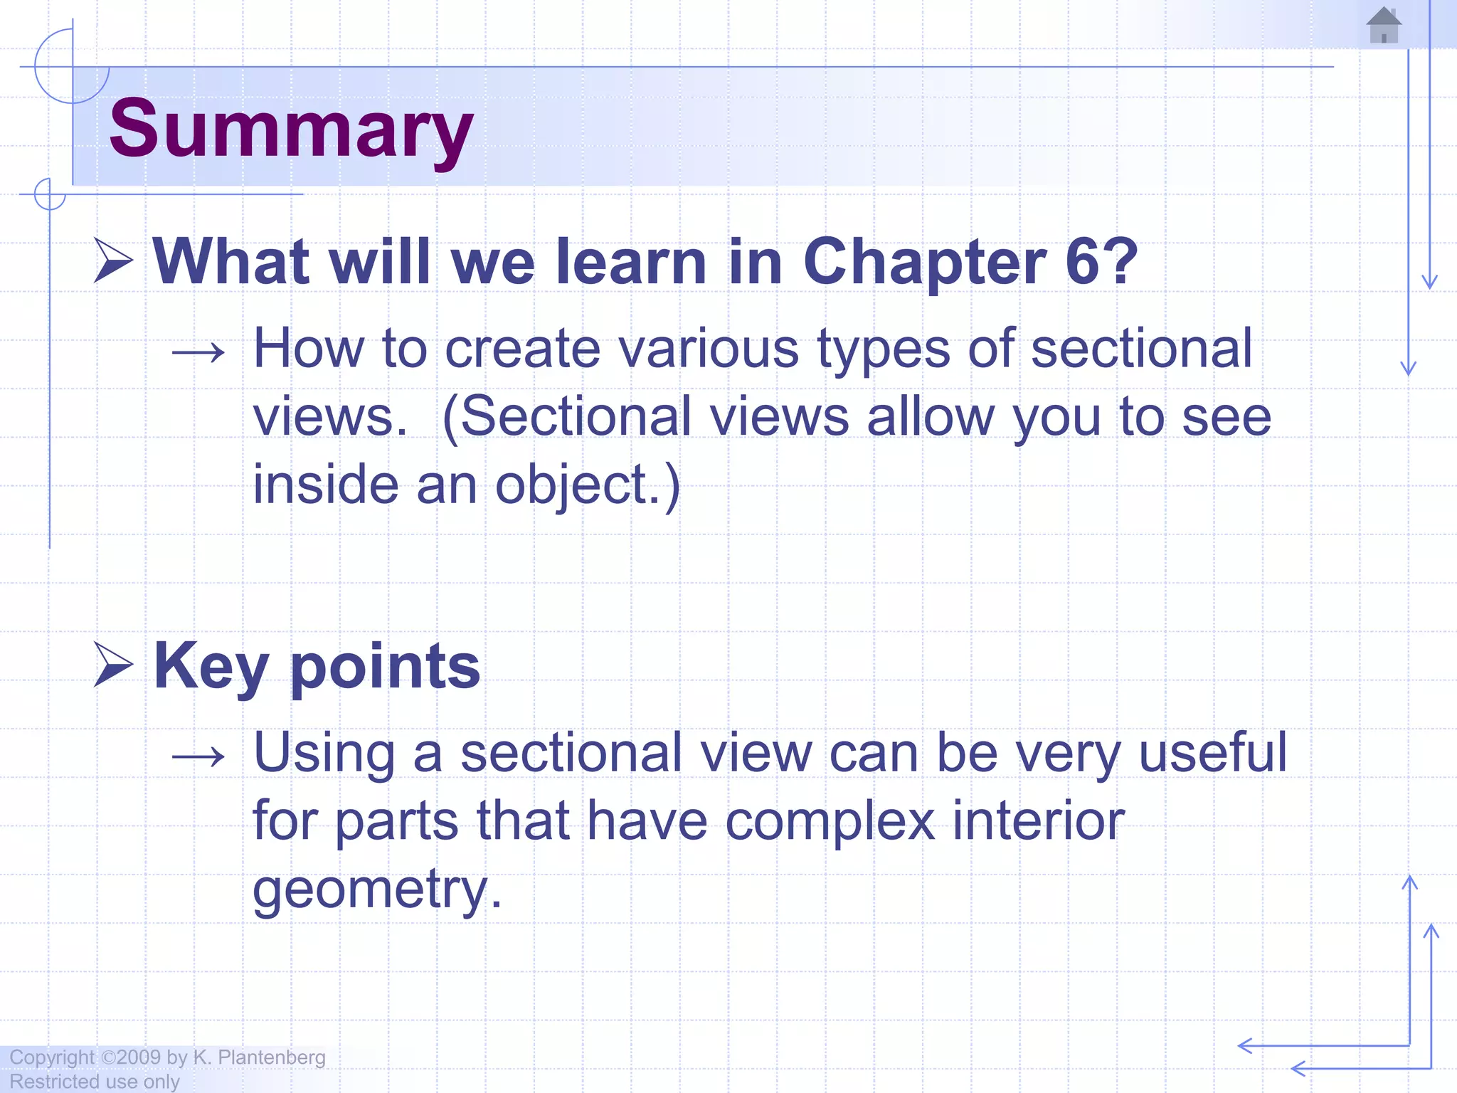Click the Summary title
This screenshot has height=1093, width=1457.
point(290,130)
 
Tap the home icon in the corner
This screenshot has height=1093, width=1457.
point(1384,26)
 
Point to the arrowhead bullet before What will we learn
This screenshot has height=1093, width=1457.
point(113,260)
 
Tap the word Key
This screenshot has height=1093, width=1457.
point(211,667)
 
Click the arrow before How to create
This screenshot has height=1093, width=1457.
point(198,352)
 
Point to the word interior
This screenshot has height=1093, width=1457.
point(1038,821)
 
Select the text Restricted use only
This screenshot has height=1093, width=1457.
point(94,1082)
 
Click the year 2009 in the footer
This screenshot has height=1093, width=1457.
point(139,1057)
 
